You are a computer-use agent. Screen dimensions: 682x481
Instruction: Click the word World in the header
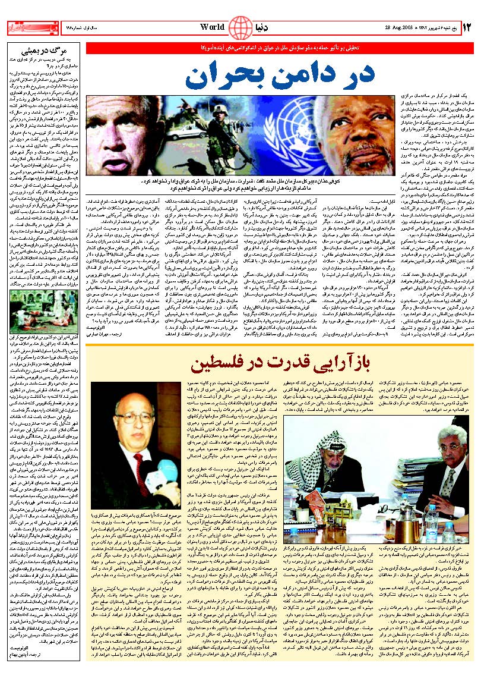pyautogui.click(x=213, y=26)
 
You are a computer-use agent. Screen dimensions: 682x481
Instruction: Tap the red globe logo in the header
pyautogui.click(x=240, y=27)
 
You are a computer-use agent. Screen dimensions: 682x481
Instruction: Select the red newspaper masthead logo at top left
pyautogui.click(x=26, y=27)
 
